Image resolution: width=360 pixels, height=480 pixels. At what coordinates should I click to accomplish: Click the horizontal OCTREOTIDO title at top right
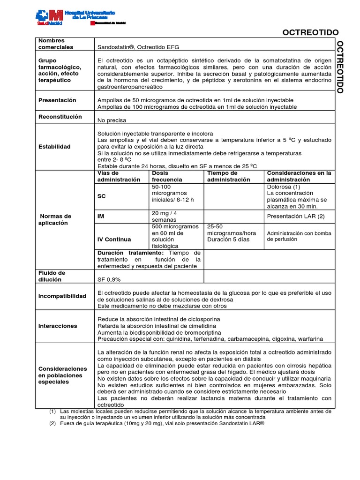point(310,32)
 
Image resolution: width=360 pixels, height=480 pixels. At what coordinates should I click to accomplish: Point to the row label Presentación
point(57,100)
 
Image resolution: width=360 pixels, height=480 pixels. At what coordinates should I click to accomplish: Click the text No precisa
point(112,120)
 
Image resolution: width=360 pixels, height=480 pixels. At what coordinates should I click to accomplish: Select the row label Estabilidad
point(54,147)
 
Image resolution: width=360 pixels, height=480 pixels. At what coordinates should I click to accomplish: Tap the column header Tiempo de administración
point(229,176)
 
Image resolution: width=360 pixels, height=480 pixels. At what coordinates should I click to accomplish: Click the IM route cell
point(101,216)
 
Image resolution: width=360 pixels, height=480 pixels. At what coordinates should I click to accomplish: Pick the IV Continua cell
point(114,239)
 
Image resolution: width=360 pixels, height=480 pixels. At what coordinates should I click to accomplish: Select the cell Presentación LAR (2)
point(295,216)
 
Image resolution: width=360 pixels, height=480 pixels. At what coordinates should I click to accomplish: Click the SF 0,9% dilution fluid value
point(109,279)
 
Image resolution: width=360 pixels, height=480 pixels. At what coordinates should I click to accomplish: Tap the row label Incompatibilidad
point(62,296)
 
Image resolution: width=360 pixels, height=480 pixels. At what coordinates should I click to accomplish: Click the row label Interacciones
point(58,326)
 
